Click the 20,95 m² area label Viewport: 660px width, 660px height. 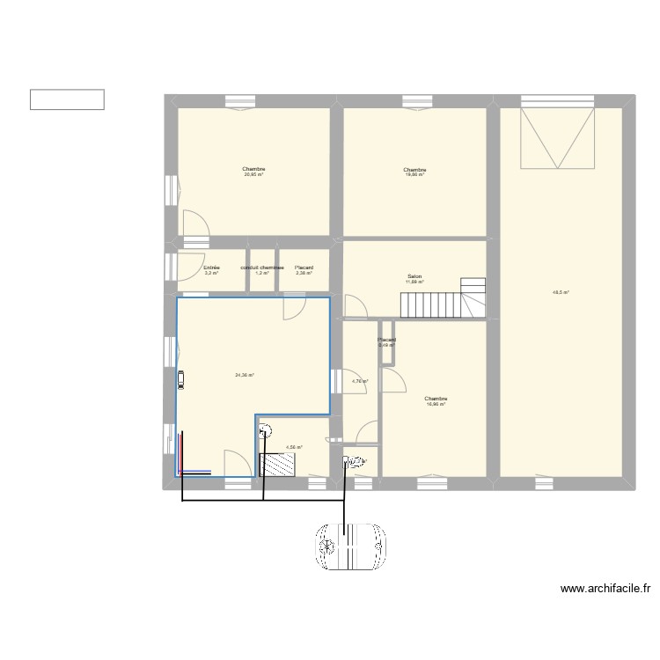[x=254, y=174]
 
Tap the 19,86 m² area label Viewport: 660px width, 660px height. [x=414, y=174]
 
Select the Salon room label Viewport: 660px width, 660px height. [x=414, y=277]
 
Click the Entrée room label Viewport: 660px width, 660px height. [x=211, y=268]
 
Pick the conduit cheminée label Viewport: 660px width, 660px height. [x=261, y=268]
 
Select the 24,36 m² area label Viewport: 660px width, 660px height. [x=244, y=376]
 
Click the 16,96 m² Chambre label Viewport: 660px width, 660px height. [x=436, y=401]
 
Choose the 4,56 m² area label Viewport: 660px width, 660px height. [x=294, y=447]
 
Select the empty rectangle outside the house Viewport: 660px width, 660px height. [x=67, y=99]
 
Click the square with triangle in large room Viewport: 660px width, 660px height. [x=557, y=138]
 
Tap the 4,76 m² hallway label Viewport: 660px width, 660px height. [x=360, y=381]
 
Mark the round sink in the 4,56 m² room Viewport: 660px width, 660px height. [x=265, y=430]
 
